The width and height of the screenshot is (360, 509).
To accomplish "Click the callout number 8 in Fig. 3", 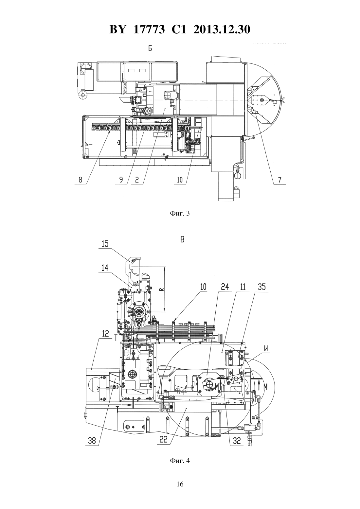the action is pos(80,180).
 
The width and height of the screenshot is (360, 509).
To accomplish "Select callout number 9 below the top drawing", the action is pos(121,180).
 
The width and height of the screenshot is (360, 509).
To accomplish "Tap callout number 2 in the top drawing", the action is pos(137,180).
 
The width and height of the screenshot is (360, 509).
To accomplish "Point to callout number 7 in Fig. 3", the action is pos(279,180).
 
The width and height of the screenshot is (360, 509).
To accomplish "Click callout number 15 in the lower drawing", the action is pos(105,244).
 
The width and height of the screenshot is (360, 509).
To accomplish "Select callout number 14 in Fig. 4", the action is pos(105,268).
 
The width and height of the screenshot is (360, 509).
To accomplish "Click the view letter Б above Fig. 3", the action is pos(150,48).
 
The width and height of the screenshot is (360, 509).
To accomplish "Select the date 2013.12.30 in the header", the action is pos(222,29).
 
